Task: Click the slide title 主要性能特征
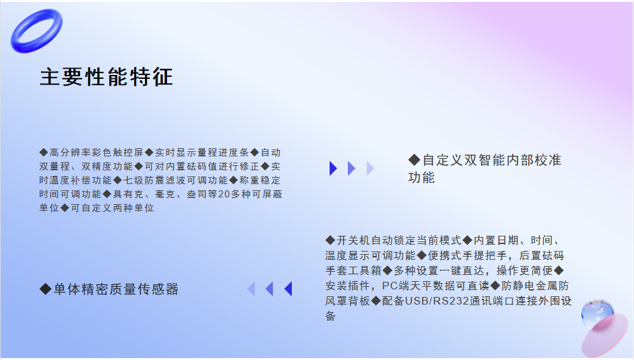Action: coord(107,77)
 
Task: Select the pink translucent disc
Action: coord(605,336)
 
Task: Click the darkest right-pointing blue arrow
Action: coord(333,168)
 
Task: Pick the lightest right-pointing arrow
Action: coord(370,168)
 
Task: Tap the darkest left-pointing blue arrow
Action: coord(288,289)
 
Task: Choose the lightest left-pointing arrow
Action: coord(251,289)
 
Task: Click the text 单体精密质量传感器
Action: coord(115,289)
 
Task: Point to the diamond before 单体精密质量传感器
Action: coord(45,289)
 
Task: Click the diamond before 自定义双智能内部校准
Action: coord(415,160)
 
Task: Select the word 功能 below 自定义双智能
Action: coord(422,178)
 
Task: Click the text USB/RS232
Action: coord(437,301)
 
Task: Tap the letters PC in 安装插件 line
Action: coord(390,286)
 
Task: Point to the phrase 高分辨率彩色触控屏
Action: coord(96,153)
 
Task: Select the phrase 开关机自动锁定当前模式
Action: coord(399,240)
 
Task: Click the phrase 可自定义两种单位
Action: coord(112,208)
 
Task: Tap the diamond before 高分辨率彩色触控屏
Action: coord(43,153)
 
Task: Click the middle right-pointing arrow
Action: coord(352,168)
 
